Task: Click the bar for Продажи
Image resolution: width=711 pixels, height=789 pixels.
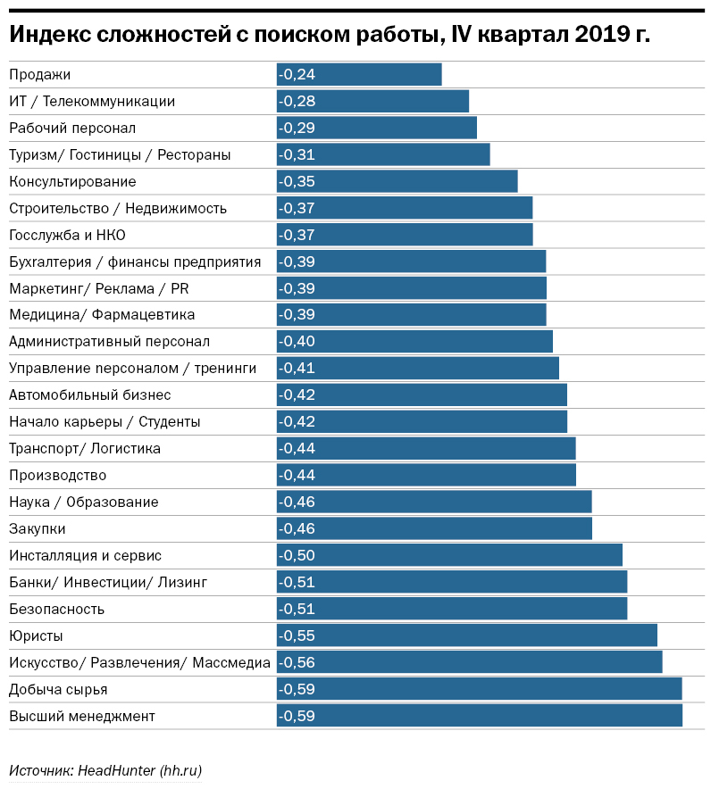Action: tap(359, 74)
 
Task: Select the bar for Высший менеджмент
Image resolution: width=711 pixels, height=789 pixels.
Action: tap(479, 716)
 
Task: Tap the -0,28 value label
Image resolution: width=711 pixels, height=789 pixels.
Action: tap(297, 101)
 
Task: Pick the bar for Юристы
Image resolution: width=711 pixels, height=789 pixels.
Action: tap(466, 635)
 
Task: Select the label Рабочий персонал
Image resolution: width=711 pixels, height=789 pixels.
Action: tap(72, 128)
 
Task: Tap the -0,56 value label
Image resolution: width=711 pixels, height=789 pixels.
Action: tap(297, 662)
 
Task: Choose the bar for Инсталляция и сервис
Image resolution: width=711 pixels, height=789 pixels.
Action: tap(449, 555)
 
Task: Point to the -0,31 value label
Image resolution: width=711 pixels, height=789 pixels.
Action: tap(297, 154)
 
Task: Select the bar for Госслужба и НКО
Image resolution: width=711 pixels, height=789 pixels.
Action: tap(405, 235)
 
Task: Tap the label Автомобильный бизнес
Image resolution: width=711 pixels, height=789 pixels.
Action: tap(89, 394)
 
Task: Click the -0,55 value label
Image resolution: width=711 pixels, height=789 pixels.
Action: tap(297, 635)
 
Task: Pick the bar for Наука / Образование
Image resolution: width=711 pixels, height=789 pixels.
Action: tap(434, 502)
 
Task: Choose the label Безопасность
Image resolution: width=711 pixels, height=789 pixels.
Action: tap(56, 609)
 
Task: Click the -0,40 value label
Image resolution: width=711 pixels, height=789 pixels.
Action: tap(297, 342)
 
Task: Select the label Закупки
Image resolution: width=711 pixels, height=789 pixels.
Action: tap(37, 528)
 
